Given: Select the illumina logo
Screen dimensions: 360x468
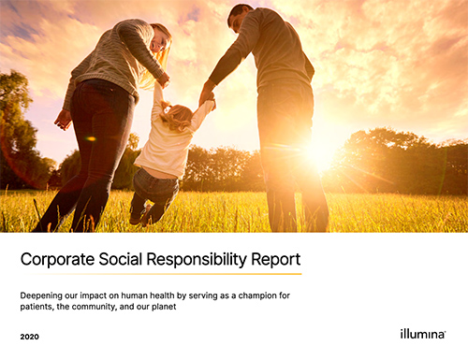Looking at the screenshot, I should click(x=422, y=334).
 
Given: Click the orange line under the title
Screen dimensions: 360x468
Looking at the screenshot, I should click(x=160, y=274).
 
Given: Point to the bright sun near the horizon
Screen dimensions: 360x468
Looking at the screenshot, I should click(x=321, y=152).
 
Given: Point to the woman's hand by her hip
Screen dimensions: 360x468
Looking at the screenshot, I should click(x=63, y=119).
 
